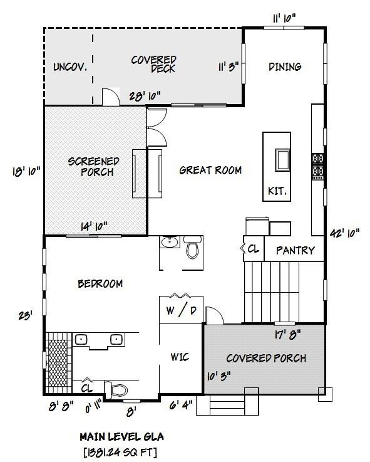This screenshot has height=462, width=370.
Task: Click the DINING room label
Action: click(x=285, y=67)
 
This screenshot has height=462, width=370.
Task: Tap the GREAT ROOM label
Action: click(x=210, y=170)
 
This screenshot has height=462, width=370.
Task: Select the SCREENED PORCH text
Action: click(x=93, y=167)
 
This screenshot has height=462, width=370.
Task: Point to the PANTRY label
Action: click(x=295, y=250)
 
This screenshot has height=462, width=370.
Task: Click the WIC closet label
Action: click(x=180, y=357)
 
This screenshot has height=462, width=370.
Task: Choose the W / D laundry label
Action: click(x=180, y=310)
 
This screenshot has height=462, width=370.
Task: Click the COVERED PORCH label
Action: click(x=266, y=359)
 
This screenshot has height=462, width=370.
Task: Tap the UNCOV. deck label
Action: click(x=69, y=67)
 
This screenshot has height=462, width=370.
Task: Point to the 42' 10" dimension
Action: click(x=345, y=233)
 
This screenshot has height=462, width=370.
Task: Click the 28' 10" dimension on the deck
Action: click(x=145, y=95)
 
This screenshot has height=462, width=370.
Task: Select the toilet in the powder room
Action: click(x=192, y=248)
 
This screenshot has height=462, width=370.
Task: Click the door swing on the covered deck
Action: click(x=110, y=97)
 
